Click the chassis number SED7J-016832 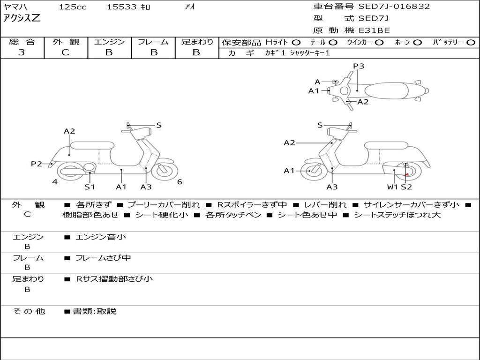pyautogui.click(x=394, y=6)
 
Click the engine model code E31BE pyautogui.click(x=374, y=30)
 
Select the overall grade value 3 pyautogui.click(x=22, y=52)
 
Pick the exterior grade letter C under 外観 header pyautogui.click(x=65, y=52)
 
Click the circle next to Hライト pyautogui.click(x=296, y=43)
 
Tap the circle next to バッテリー pyautogui.click(x=471, y=43)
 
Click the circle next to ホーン pyautogui.click(x=418, y=43)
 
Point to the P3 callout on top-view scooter pyautogui.click(x=359, y=66)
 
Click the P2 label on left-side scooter pyautogui.click(x=36, y=164)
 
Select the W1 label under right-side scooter pyautogui.click(x=392, y=187)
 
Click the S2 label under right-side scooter pyautogui.click(x=406, y=187)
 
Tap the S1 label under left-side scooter pyautogui.click(x=90, y=187)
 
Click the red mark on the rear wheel pyautogui.click(x=406, y=175)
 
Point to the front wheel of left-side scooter pyautogui.click(x=165, y=172)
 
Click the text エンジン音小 pyautogui.click(x=100, y=237)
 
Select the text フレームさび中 pyautogui.click(x=103, y=258)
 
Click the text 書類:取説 pyautogui.click(x=95, y=311)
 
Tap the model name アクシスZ pyautogui.click(x=22, y=18)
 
